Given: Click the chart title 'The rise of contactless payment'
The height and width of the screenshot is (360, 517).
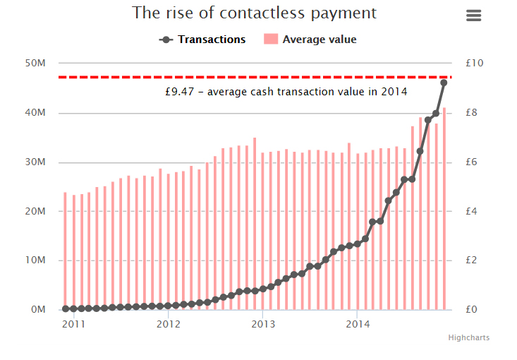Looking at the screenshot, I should click(x=255, y=13).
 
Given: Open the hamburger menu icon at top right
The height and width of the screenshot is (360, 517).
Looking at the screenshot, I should click(x=474, y=16).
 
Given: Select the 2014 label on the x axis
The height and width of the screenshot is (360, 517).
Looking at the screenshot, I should click(x=358, y=325).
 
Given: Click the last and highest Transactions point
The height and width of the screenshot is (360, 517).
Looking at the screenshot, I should click(x=444, y=83).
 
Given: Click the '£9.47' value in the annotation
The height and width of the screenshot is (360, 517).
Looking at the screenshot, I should click(x=178, y=91).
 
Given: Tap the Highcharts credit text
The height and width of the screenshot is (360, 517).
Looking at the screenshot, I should click(x=468, y=338).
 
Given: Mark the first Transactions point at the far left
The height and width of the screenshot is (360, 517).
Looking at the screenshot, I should click(x=66, y=308).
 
